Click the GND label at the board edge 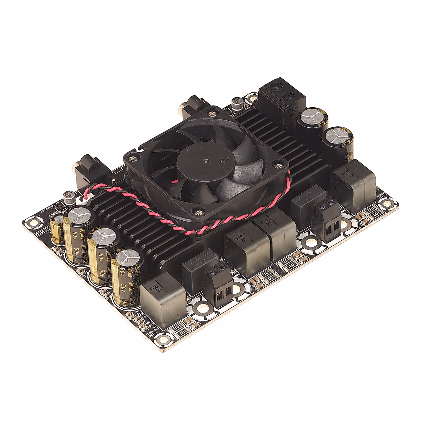[x=38, y=231]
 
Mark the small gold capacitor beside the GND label [x=56, y=230]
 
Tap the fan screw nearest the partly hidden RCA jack [x=212, y=113]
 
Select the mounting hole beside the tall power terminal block [x=251, y=99]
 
